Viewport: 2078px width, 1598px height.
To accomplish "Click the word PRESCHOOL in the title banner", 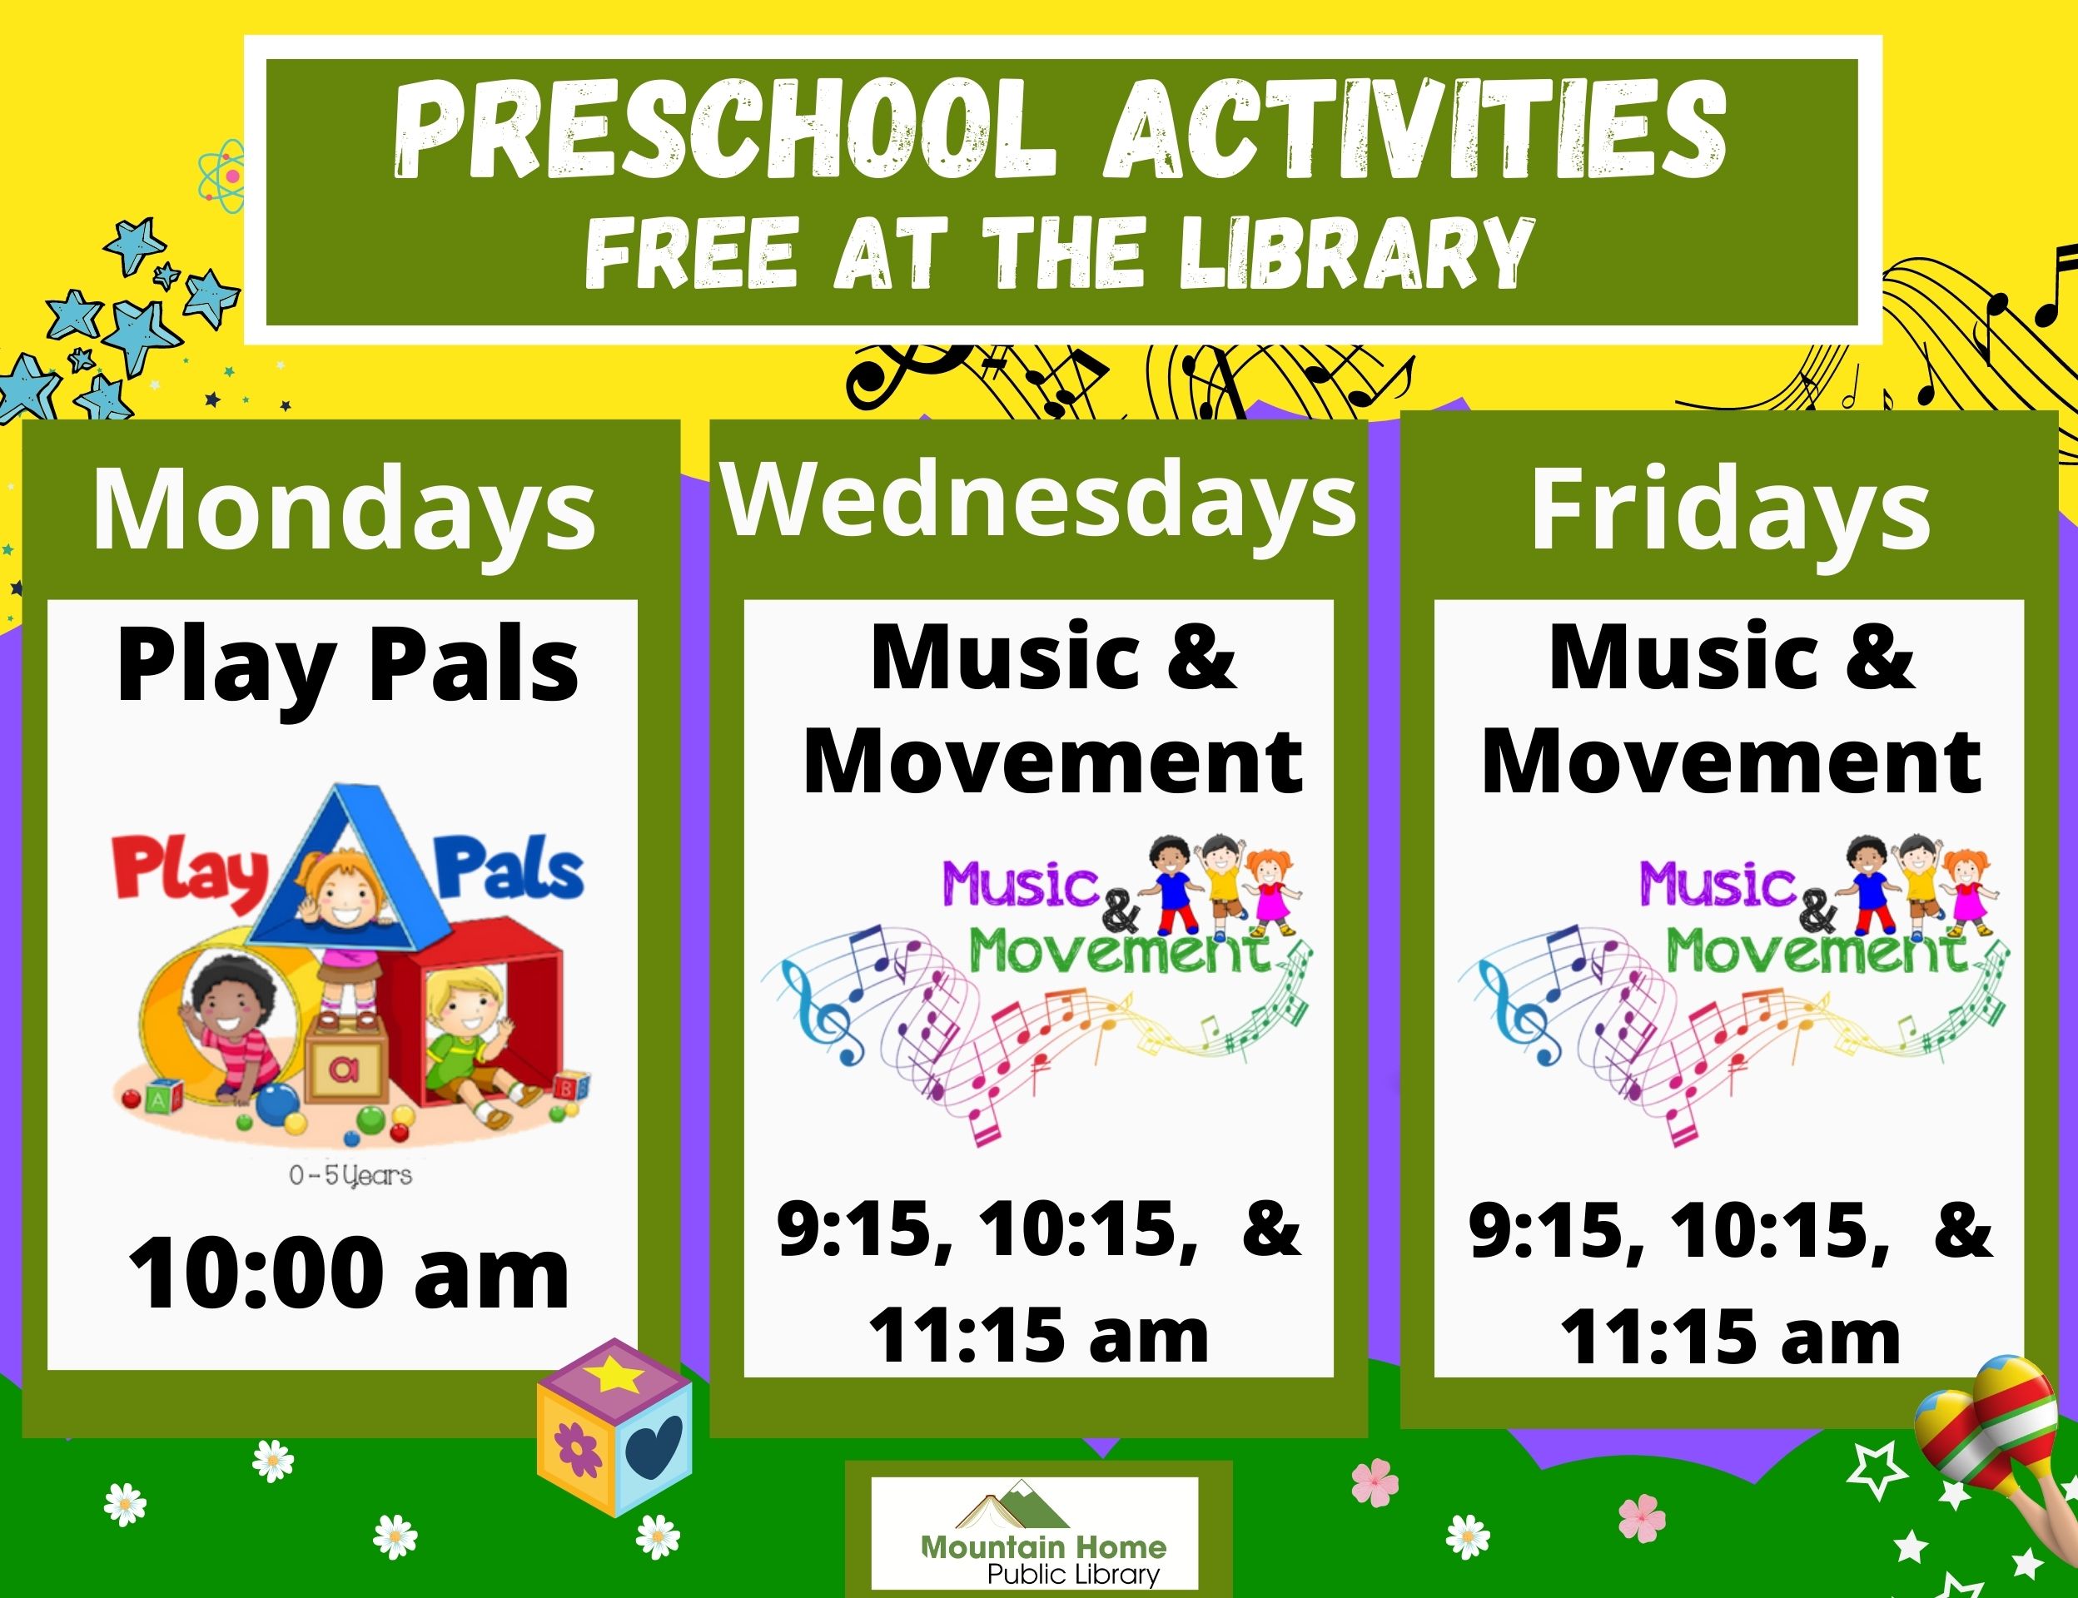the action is click(726, 131).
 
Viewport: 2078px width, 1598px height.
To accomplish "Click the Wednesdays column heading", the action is click(1039, 502).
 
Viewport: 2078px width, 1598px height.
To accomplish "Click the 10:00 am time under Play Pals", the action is click(348, 1273).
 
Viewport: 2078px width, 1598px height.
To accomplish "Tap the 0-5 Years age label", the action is click(350, 1176).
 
